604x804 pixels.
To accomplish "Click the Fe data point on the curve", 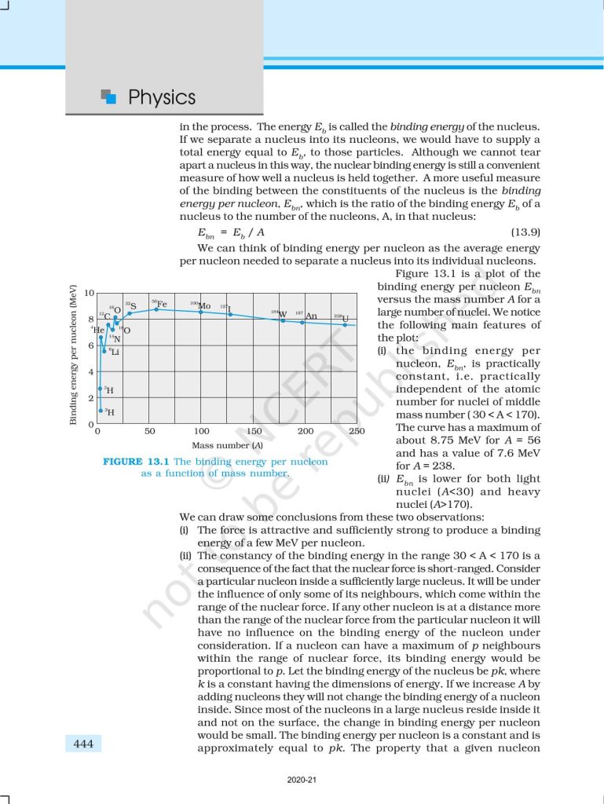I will tap(157, 309).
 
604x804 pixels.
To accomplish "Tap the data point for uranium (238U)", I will tap(345, 324).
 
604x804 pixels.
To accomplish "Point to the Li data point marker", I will tap(104, 350).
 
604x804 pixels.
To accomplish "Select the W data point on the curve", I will tap(283, 320).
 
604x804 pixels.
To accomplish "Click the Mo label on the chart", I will tap(204, 305).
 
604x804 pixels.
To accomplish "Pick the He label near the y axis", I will tap(99, 330).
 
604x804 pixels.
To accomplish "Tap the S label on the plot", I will tap(133, 305).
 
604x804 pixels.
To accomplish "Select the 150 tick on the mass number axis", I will tap(254, 431).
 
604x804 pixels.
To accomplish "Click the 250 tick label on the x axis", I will tap(357, 431).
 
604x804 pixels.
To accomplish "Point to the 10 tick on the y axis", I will tap(89, 294).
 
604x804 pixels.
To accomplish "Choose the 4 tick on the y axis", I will tap(91, 372).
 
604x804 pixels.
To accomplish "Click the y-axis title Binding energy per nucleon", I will tap(73, 356).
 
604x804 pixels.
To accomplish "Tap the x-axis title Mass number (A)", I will tap(228, 445).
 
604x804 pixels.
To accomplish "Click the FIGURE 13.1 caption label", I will tap(136, 462).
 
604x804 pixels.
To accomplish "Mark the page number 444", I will tap(82, 743).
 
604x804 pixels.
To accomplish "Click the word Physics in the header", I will tap(161, 97).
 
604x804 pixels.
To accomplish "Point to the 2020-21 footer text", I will tap(302, 780).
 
